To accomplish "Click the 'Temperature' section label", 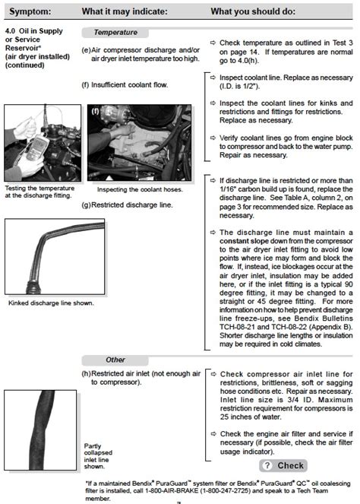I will [115, 33].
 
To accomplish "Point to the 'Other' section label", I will [115, 360].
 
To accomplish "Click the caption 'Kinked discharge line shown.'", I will [51, 303].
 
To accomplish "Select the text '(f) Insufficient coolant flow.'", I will [125, 84].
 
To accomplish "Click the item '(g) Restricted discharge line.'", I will [126, 204].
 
